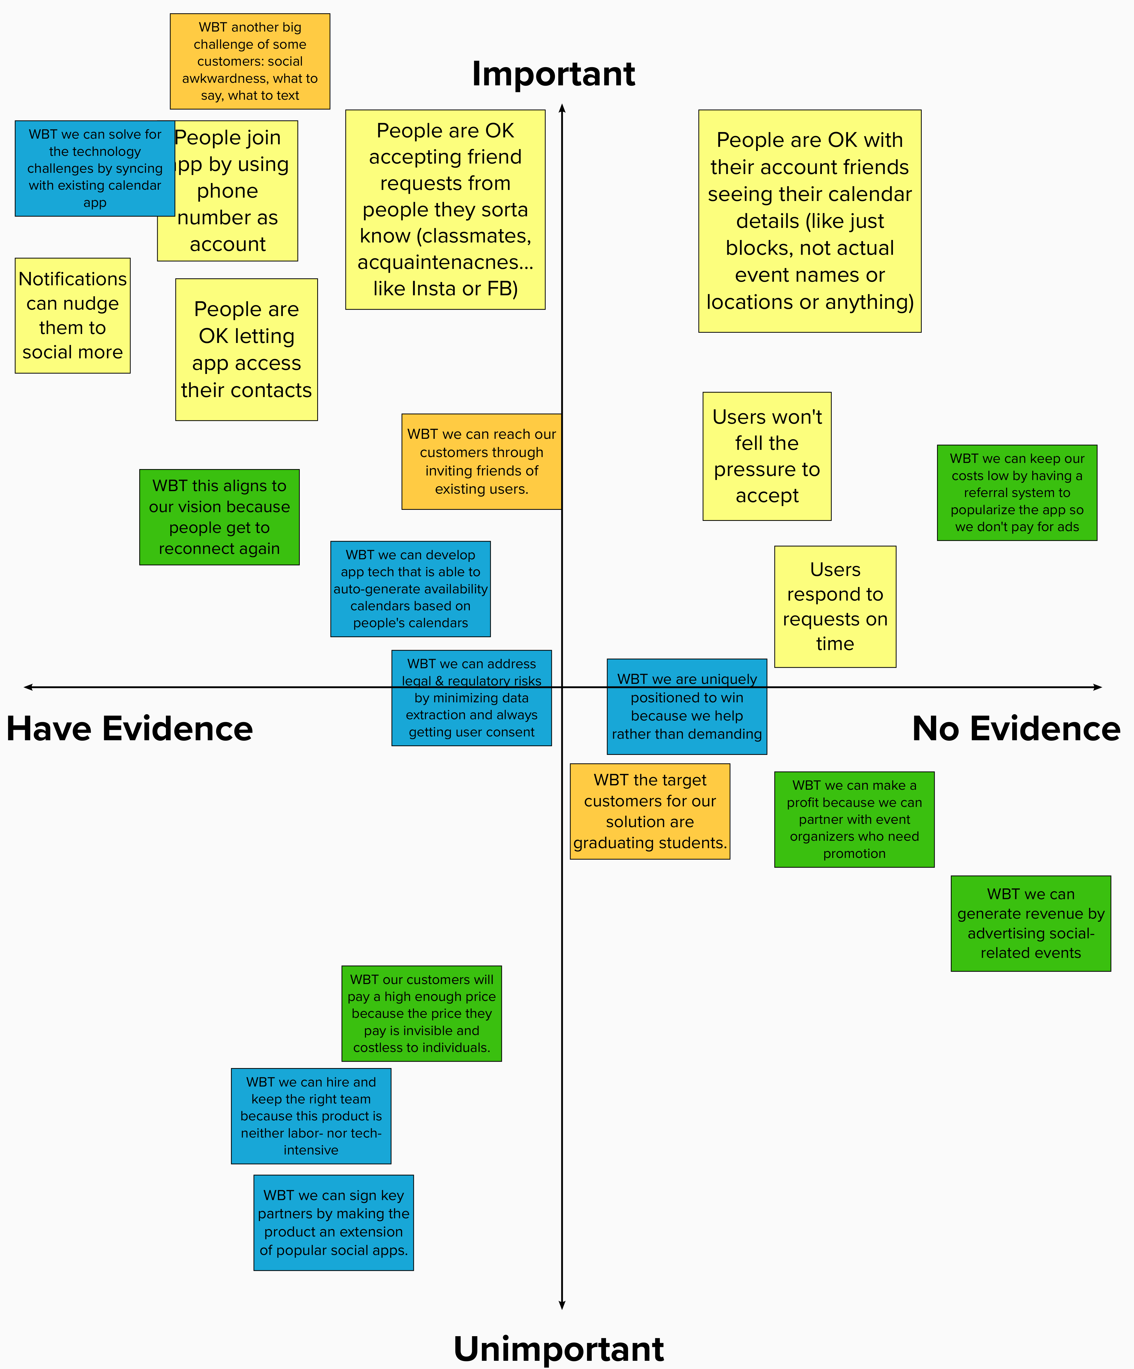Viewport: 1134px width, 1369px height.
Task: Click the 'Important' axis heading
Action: pyautogui.click(x=553, y=74)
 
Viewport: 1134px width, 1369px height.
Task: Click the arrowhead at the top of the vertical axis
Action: pyautogui.click(x=561, y=108)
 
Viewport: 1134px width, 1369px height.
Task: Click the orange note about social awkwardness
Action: pyautogui.click(x=250, y=61)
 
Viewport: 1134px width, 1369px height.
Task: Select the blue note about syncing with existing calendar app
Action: pyautogui.click(x=95, y=168)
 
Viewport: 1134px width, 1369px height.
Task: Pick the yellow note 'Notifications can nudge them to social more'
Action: pyautogui.click(x=72, y=316)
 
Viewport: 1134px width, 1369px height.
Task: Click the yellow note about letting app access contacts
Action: pyautogui.click(x=246, y=349)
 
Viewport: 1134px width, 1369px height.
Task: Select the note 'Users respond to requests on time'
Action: pyautogui.click(x=835, y=606)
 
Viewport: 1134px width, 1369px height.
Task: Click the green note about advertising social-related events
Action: pyautogui.click(x=1030, y=923)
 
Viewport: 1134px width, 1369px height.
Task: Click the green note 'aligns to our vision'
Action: pyautogui.click(x=219, y=517)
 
